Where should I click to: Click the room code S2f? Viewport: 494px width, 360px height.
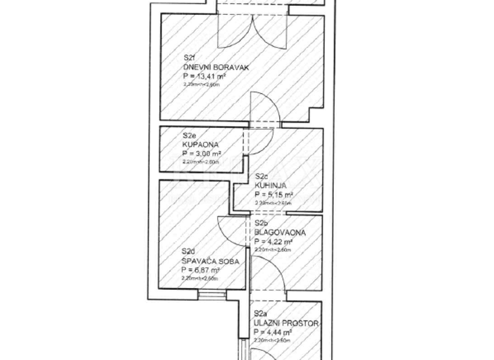(189, 58)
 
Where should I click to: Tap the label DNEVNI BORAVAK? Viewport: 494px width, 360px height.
(215, 66)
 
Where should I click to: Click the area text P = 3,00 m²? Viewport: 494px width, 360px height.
(202, 154)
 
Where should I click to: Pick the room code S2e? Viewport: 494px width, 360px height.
(189, 136)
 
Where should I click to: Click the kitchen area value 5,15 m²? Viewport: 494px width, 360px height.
(275, 194)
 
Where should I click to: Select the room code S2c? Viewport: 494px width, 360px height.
(261, 177)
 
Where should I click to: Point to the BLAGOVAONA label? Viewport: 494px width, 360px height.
(279, 232)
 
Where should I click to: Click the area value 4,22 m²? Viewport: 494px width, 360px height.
(275, 242)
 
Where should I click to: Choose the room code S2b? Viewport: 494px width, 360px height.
(261, 224)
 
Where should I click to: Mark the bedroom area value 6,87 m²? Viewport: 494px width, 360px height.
(201, 271)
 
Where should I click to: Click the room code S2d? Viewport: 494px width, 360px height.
(188, 251)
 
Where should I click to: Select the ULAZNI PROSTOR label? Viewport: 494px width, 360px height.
(286, 323)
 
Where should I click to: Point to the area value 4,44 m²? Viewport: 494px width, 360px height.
(273, 332)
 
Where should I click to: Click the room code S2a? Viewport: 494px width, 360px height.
(261, 314)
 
